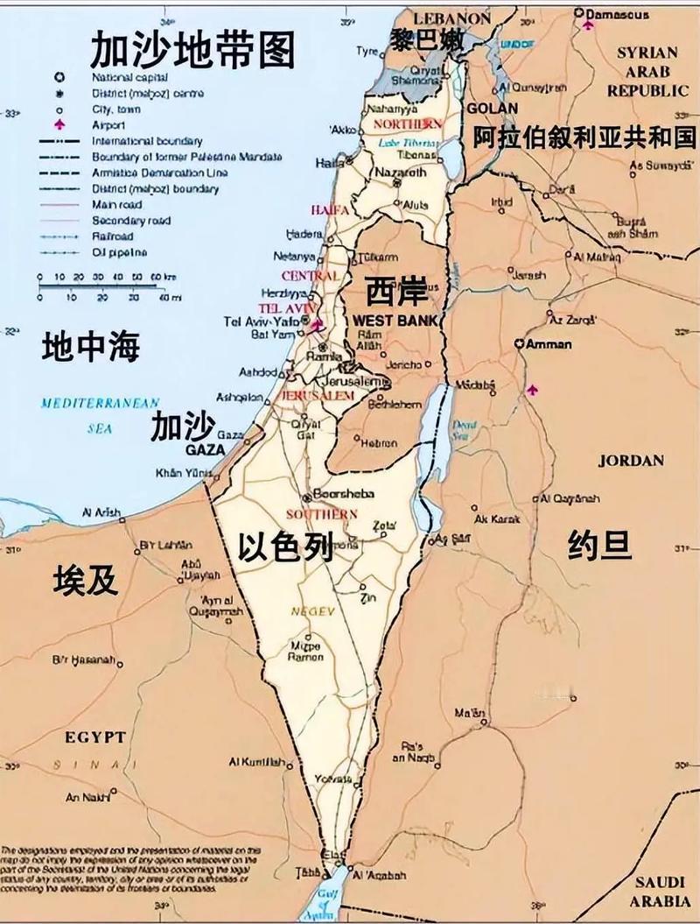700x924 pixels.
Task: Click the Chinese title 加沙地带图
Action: coord(192,50)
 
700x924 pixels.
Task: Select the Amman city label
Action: coord(549,344)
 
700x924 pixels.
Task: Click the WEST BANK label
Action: coord(394,321)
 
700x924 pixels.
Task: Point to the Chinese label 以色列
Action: coord(286,548)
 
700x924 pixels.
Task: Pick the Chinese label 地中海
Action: coord(91,348)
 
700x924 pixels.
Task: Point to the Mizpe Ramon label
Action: coord(306,651)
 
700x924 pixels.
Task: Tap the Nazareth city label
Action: coord(400,173)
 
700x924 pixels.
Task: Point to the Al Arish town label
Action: coord(101,512)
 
